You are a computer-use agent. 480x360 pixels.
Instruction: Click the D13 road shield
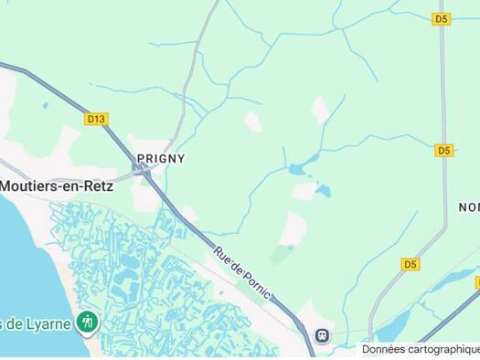pyautogui.click(x=96, y=119)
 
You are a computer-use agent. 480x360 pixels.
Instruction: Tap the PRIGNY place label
pyautogui.click(x=161, y=158)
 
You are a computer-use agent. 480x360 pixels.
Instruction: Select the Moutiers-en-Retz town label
pyautogui.click(x=57, y=185)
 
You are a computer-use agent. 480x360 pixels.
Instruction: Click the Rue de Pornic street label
pyautogui.click(x=242, y=271)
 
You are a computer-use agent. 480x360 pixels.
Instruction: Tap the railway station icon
pyautogui.click(x=321, y=335)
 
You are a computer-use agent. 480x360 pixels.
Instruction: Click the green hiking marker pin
pyautogui.click(x=87, y=322)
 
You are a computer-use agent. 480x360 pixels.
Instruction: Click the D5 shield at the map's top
pyautogui.click(x=443, y=18)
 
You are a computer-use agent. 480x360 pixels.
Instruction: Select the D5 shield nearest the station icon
pyautogui.click(x=411, y=264)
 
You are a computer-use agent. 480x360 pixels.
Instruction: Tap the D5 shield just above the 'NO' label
pyautogui.click(x=444, y=150)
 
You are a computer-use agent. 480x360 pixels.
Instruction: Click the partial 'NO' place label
pyautogui.click(x=468, y=207)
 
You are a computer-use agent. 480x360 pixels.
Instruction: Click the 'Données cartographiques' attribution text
pyautogui.click(x=420, y=349)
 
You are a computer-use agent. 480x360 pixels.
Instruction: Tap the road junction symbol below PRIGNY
pyautogui.click(x=140, y=170)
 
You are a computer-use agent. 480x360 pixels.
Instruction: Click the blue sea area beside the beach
pyautogui.click(x=18, y=265)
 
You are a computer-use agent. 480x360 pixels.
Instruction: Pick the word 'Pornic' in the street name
pyautogui.click(x=253, y=281)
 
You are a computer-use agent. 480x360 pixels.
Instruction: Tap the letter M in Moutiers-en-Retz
pyautogui.click(x=6, y=185)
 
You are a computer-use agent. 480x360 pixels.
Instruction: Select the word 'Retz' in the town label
pyautogui.click(x=97, y=185)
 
